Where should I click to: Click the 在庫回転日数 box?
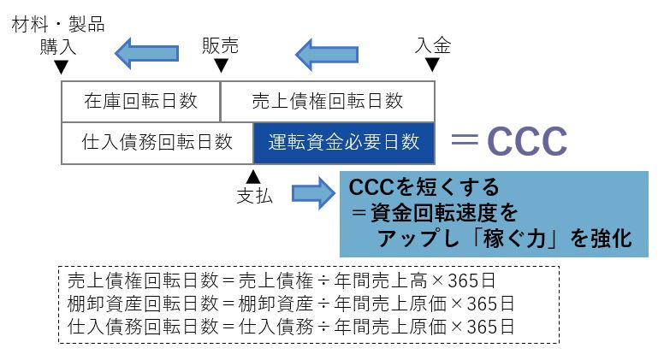click(141, 102)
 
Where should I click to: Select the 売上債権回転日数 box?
click(328, 102)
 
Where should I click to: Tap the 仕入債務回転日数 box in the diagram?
click(157, 142)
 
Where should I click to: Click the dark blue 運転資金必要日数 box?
click(343, 142)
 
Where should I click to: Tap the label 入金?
click(432, 45)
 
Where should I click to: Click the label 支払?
click(253, 196)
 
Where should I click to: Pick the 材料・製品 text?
click(58, 25)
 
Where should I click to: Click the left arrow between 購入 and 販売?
click(146, 53)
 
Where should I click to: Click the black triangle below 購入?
click(59, 66)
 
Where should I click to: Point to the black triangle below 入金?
click(432, 65)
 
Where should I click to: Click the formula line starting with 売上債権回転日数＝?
click(291, 281)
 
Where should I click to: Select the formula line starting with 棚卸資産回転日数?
click(291, 304)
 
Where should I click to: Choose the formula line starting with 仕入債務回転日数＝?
click(291, 326)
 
